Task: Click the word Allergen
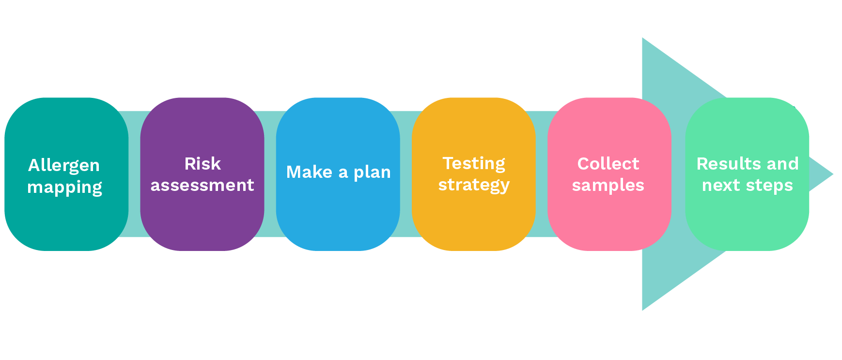pyautogui.click(x=64, y=165)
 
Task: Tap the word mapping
pyautogui.click(x=64, y=188)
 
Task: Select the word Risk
pyautogui.click(x=203, y=164)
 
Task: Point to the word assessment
pyautogui.click(x=202, y=185)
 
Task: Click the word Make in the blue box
pyautogui.click(x=309, y=172)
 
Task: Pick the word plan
pyautogui.click(x=372, y=172)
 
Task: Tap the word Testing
pyautogui.click(x=474, y=164)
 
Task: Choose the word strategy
pyautogui.click(x=474, y=186)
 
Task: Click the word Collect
pyautogui.click(x=608, y=164)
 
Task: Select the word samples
pyautogui.click(x=608, y=185)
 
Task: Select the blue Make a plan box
pyautogui.click(x=338, y=218)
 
